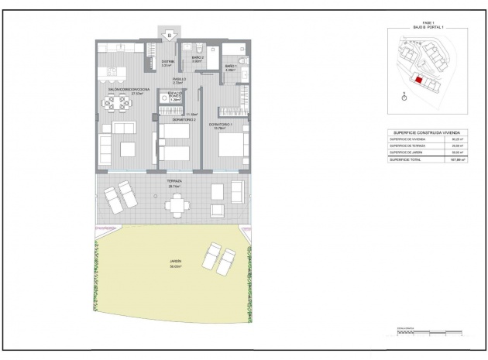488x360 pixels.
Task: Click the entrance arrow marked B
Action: pyautogui.click(x=169, y=35)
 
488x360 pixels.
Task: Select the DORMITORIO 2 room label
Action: pyautogui.click(x=183, y=120)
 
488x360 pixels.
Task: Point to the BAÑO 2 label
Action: pyautogui.click(x=198, y=58)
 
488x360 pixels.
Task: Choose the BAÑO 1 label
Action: pyautogui.click(x=230, y=67)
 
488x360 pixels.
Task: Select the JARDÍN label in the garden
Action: pyautogui.click(x=175, y=263)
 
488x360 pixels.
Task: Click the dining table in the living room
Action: pyautogui.click(x=119, y=102)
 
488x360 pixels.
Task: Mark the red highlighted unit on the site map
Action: pyautogui.click(x=418, y=78)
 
